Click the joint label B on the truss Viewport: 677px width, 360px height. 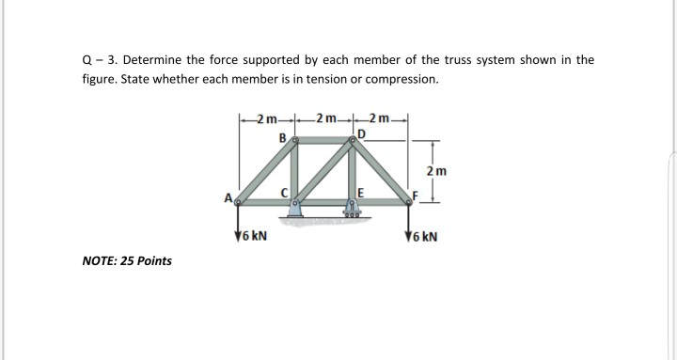(282, 138)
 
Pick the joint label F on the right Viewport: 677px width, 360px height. (415, 196)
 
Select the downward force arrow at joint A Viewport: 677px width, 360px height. (238, 221)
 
